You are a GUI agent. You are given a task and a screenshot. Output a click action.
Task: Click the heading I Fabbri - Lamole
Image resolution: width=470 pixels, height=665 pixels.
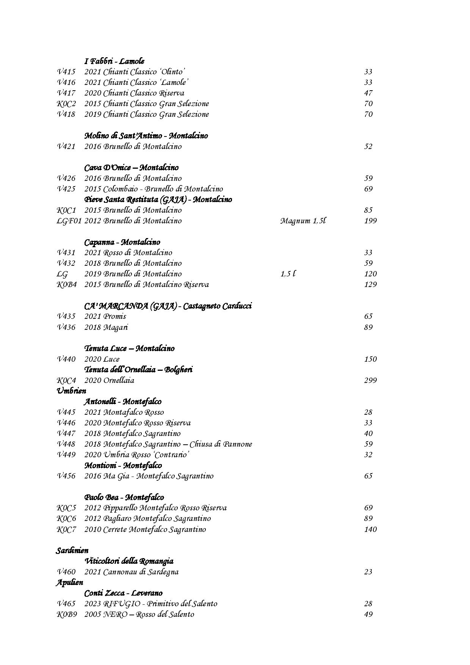click(x=114, y=61)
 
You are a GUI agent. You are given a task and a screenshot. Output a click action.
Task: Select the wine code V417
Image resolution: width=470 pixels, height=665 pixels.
click(x=66, y=93)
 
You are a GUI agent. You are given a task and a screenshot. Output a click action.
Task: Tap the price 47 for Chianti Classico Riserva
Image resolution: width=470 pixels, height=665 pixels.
click(x=368, y=93)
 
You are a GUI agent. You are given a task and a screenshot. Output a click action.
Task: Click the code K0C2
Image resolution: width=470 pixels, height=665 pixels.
click(x=66, y=104)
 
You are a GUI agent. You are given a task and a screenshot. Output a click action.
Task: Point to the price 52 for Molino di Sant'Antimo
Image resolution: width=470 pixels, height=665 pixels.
click(x=368, y=146)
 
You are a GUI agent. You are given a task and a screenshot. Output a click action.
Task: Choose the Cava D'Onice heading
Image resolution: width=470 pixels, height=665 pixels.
click(x=131, y=168)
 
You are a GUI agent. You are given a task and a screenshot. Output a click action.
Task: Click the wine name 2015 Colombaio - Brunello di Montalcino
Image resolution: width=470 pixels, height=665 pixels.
click(x=154, y=189)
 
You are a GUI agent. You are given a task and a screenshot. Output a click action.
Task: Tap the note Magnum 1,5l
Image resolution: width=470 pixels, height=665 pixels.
click(x=303, y=221)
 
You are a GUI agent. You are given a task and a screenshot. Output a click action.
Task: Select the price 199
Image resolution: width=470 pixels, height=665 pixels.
click(x=370, y=221)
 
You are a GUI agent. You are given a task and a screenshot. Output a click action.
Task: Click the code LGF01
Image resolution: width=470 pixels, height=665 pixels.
click(x=69, y=221)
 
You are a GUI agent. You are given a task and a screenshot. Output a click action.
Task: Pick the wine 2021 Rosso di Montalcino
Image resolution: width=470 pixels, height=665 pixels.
click(x=128, y=253)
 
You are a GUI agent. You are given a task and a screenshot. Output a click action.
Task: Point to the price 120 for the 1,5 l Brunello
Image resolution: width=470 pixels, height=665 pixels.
click(x=370, y=274)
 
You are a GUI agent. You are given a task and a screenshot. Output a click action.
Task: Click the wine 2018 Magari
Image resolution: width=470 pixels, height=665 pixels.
click(x=106, y=327)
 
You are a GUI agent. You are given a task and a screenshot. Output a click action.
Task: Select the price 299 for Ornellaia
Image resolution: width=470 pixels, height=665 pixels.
click(x=370, y=380)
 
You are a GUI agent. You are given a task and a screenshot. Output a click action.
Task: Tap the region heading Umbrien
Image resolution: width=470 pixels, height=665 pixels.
click(x=71, y=391)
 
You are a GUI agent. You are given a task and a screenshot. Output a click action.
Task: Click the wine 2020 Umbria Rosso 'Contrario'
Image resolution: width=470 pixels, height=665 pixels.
click(x=136, y=455)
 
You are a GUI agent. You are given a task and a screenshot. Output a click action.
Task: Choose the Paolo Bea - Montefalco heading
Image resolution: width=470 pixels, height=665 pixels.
click(x=124, y=497)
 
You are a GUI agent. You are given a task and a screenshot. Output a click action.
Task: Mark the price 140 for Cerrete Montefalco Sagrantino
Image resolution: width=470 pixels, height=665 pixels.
click(x=370, y=529)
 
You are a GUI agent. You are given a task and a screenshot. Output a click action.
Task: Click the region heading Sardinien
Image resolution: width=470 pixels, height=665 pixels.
click(x=72, y=551)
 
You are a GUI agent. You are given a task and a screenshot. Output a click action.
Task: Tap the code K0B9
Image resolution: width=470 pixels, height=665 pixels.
click(x=67, y=614)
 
